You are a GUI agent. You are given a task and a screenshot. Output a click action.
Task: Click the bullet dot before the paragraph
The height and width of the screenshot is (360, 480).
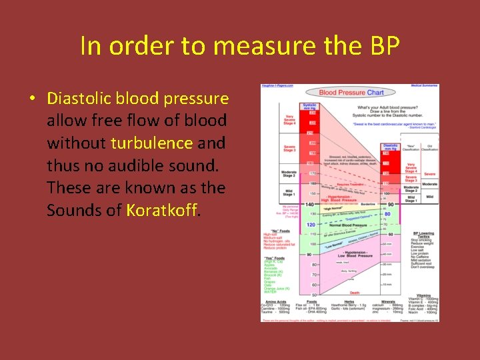click(x=31, y=99)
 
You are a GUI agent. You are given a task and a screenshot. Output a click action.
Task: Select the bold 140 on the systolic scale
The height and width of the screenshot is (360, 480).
click(x=310, y=204)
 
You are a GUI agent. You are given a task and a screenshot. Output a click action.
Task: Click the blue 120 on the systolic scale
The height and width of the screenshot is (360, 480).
click(x=310, y=225)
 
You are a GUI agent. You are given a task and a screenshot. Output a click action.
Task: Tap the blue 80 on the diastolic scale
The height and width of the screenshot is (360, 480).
click(x=387, y=214)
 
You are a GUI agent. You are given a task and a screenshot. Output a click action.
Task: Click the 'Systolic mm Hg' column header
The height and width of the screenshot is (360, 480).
click(x=310, y=107)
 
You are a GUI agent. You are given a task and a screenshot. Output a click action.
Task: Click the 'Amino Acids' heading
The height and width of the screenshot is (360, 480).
click(x=273, y=301)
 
